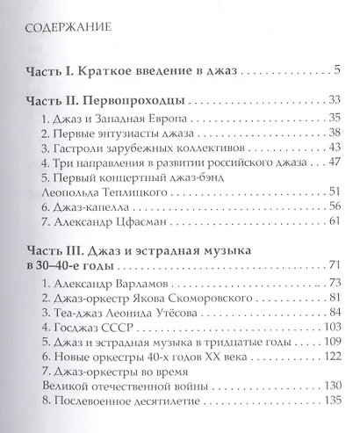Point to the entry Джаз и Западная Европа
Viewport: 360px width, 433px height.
(121, 117)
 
